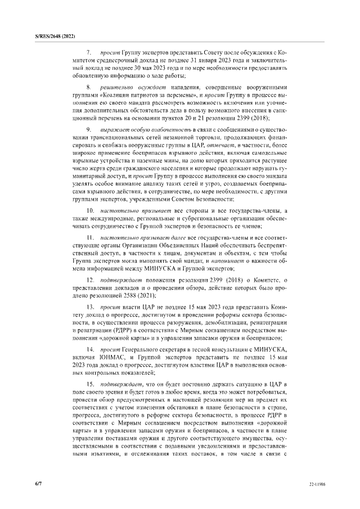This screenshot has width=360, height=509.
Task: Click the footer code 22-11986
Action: (318, 484)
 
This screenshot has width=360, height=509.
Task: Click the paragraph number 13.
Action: (90, 308)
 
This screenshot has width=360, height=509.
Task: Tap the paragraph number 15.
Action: (90, 383)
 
